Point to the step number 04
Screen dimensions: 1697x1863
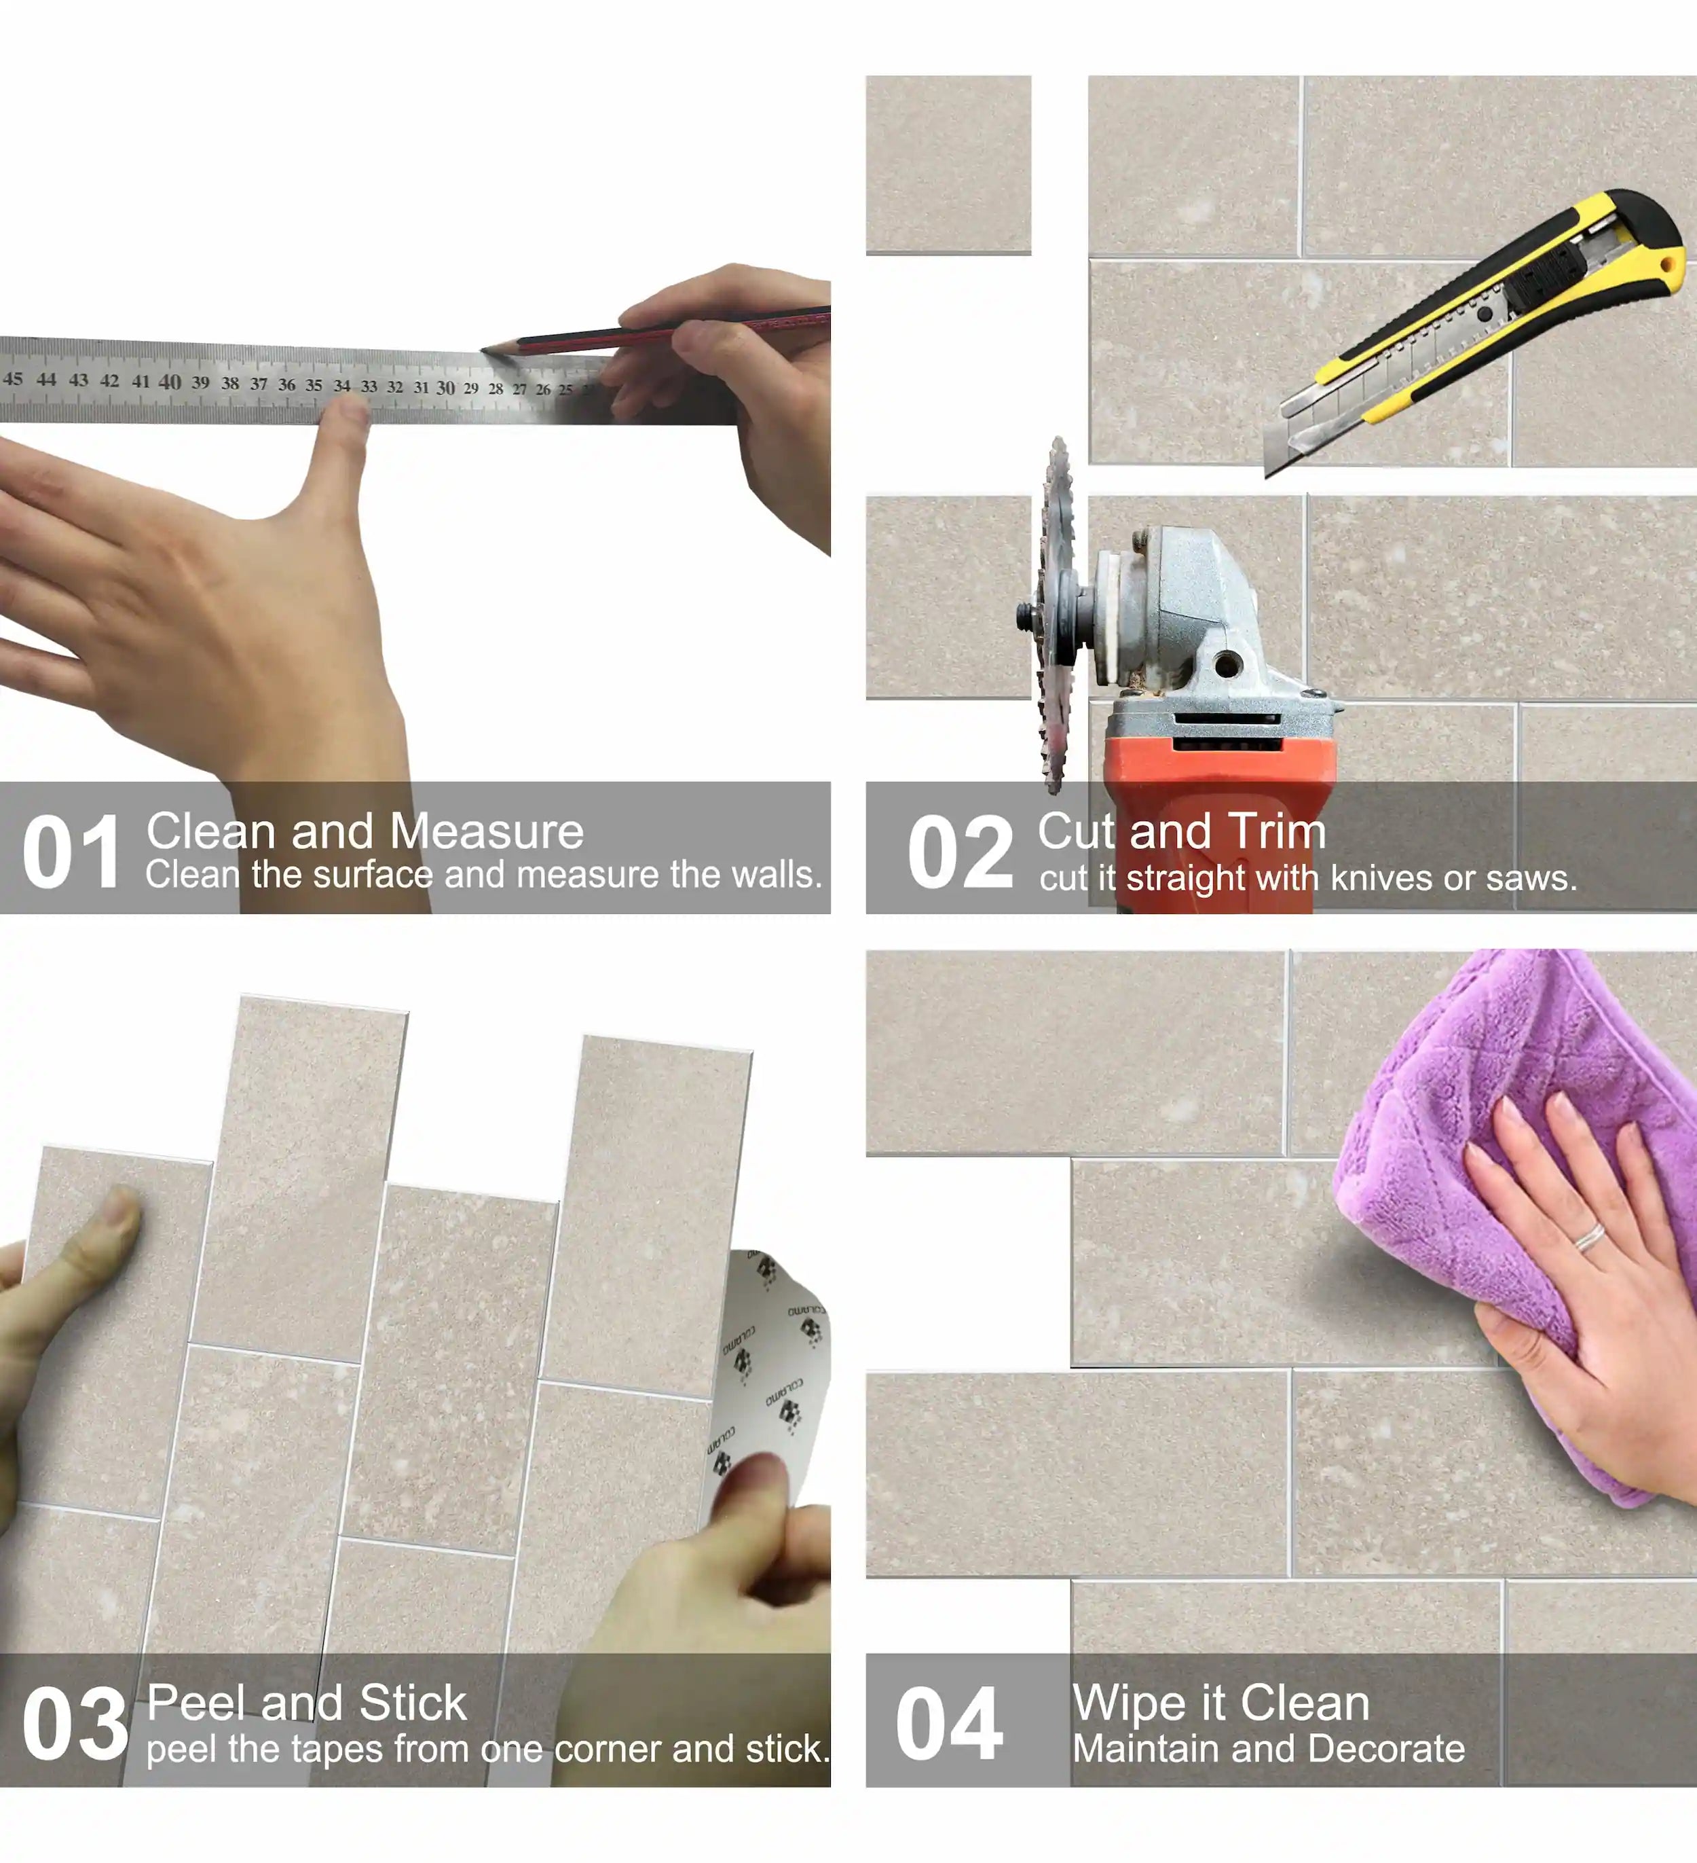pyautogui.click(x=949, y=1724)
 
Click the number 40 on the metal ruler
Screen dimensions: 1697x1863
pyautogui.click(x=170, y=382)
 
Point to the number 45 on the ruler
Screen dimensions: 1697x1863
pyautogui.click(x=13, y=378)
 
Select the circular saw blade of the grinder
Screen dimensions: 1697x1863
pyautogui.click(x=1057, y=615)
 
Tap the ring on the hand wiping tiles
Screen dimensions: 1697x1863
pyautogui.click(x=1589, y=1237)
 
